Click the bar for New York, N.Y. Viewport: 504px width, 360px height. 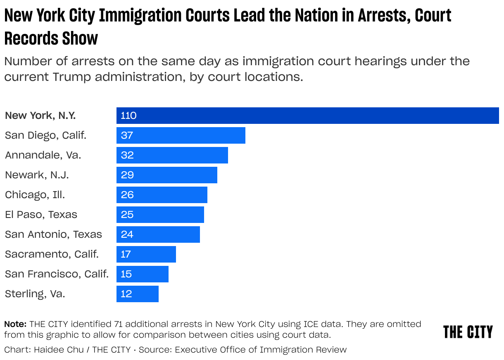(x=307, y=116)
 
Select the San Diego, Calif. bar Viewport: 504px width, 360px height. (x=181, y=135)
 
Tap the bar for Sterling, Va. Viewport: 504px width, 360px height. (x=138, y=294)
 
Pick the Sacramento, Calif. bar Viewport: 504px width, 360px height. (x=146, y=254)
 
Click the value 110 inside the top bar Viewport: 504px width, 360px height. (x=128, y=116)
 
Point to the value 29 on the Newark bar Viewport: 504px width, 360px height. (x=127, y=175)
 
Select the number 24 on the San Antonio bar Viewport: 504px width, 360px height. (x=127, y=234)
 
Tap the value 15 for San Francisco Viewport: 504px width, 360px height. (x=126, y=274)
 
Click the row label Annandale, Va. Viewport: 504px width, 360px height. (x=43, y=155)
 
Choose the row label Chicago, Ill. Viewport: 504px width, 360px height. (x=35, y=195)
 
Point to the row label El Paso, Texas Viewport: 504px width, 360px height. (x=41, y=215)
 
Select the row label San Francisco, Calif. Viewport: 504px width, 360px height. (x=57, y=274)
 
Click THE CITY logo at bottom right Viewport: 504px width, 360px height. (x=468, y=332)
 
